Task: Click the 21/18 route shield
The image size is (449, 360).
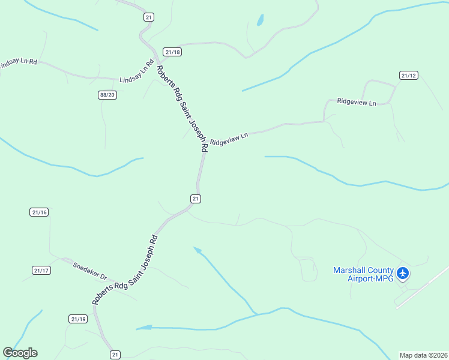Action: click(172, 52)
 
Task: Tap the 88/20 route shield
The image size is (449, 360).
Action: click(107, 95)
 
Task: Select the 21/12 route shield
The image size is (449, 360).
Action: click(408, 75)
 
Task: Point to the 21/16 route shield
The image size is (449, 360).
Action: click(39, 212)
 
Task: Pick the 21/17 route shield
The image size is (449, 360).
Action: click(41, 271)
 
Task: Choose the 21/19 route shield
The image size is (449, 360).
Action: click(78, 319)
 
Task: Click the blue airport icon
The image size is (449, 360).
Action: click(403, 274)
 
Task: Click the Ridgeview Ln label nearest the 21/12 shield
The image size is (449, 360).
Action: click(357, 103)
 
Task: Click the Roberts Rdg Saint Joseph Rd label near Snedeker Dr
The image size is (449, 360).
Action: click(125, 270)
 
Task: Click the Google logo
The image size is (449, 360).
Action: click(20, 353)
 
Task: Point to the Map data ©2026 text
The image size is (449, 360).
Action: click(423, 355)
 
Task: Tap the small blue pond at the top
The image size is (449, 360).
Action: click(261, 20)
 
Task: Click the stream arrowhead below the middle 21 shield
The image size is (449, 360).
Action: click(196, 249)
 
